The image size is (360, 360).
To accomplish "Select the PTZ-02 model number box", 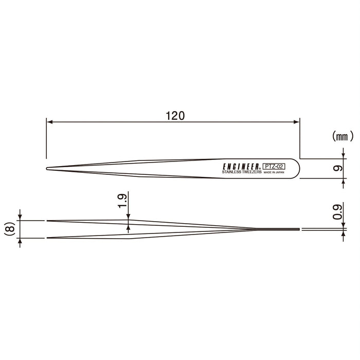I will coord(274,166).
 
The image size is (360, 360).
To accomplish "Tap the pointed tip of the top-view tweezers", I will coord(47,168).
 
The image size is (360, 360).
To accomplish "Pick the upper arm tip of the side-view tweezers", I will coord(48,220).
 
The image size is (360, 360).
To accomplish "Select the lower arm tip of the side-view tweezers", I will coord(48,238).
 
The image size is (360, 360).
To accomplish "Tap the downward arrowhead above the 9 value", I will coord(343,156).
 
